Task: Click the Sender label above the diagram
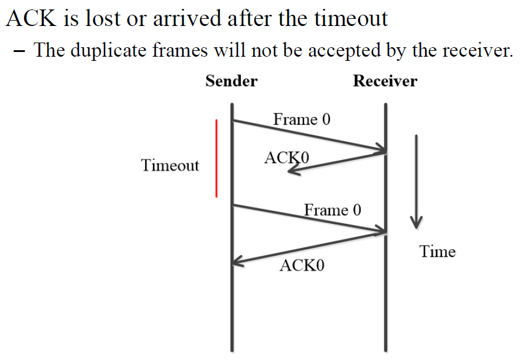(231, 81)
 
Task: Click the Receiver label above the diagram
(385, 81)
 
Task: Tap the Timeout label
(170, 165)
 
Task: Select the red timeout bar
(217, 158)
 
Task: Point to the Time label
(437, 252)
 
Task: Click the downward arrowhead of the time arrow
(416, 222)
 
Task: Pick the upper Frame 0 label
(302, 119)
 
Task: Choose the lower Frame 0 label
(332, 210)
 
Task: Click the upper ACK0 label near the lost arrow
(287, 158)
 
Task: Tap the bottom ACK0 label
(302, 265)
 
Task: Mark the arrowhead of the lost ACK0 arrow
(292, 170)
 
